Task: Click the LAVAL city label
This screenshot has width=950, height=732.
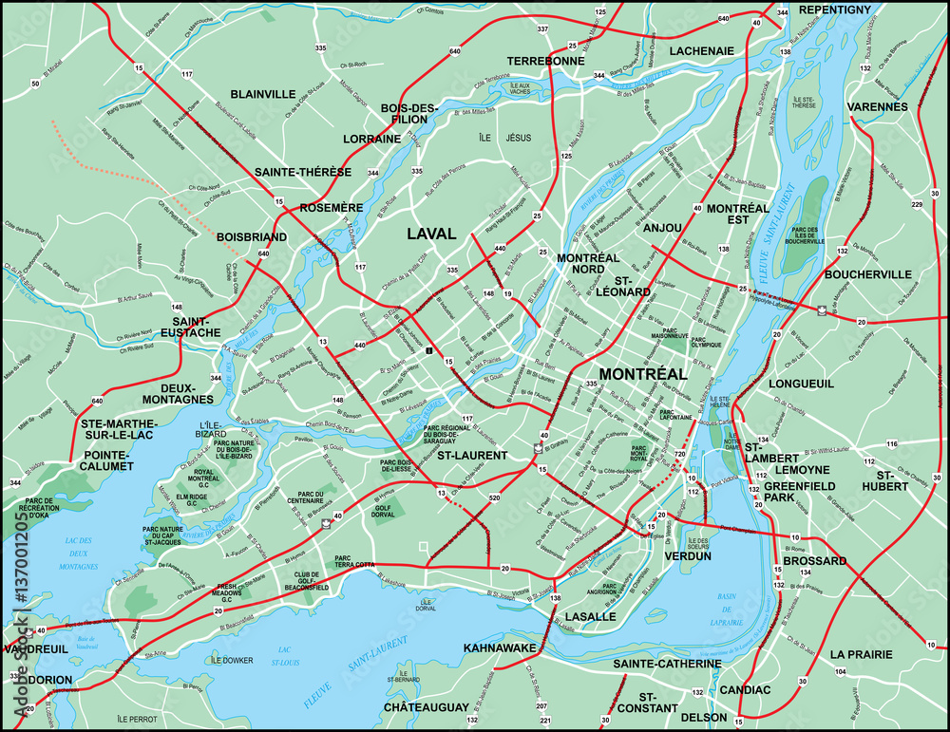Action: [x=431, y=234]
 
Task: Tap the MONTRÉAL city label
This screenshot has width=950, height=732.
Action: [x=642, y=374]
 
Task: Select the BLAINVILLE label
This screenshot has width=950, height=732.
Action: [x=262, y=94]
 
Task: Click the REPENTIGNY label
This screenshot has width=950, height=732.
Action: [x=834, y=9]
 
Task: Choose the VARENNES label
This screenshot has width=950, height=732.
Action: [x=877, y=106]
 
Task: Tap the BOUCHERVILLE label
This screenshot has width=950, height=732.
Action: [x=868, y=274]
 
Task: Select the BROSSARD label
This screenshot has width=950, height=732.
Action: [x=815, y=561]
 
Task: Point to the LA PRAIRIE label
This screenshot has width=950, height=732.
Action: [x=861, y=654]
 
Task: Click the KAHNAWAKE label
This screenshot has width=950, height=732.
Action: [x=501, y=648]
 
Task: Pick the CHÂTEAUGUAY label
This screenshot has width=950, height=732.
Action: [x=426, y=707]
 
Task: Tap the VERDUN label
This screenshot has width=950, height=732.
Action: [x=688, y=556]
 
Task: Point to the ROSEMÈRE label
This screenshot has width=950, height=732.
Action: [x=331, y=207]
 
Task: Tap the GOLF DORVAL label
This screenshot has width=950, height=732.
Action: [x=384, y=513]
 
